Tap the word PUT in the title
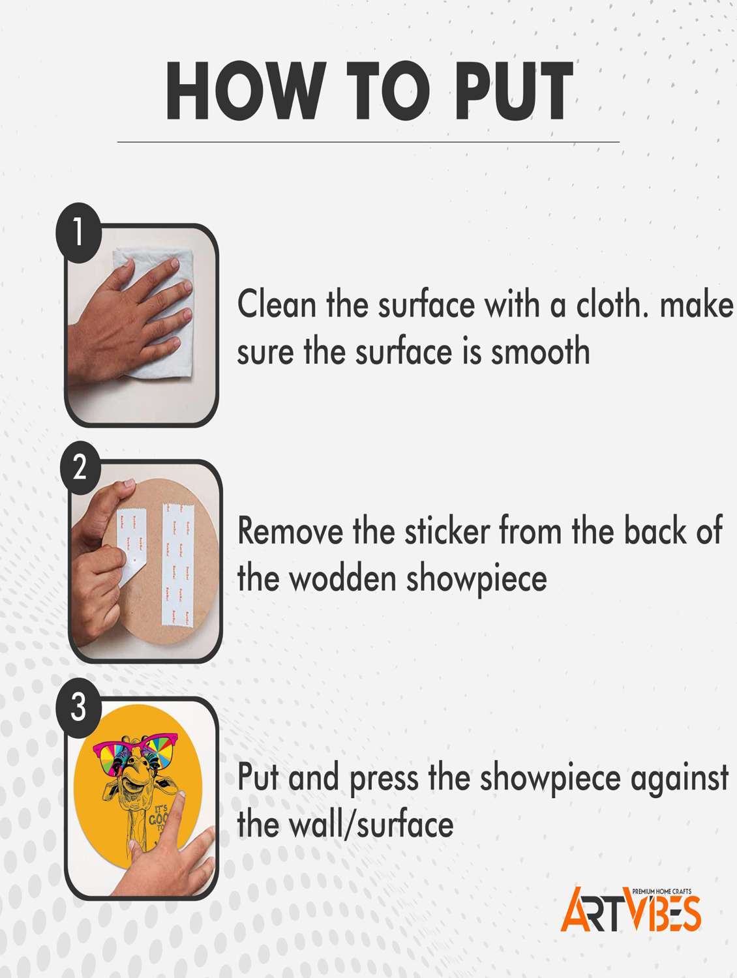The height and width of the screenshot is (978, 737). [513, 91]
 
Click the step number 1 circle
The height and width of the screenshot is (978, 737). [78, 233]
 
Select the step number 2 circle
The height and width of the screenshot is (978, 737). [80, 468]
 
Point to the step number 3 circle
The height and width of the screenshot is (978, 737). [78, 707]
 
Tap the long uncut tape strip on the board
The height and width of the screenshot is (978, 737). [177, 565]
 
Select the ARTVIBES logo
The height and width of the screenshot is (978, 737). [631, 909]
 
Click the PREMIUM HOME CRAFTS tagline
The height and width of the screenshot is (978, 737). [662, 891]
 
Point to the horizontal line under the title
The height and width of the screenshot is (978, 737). [368, 142]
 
